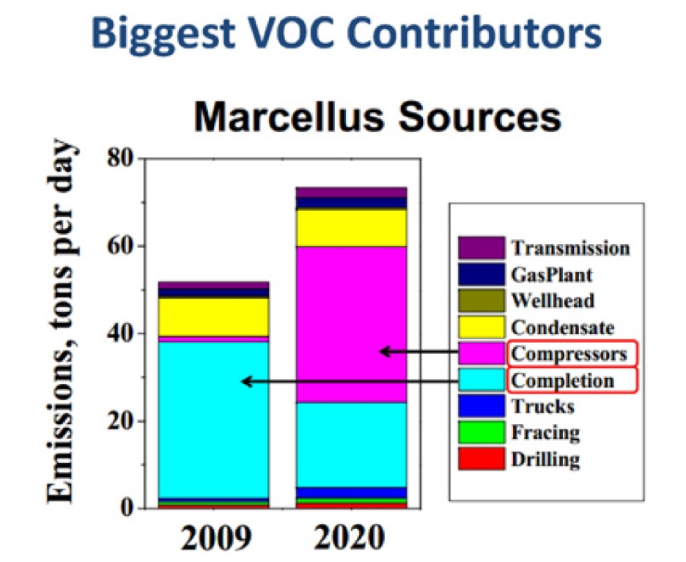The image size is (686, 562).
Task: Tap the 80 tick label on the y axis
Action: click(x=121, y=159)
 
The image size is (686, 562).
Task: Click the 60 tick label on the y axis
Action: click(x=121, y=246)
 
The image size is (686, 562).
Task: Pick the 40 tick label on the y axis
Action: click(x=121, y=334)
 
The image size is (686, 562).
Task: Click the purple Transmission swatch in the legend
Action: click(x=481, y=248)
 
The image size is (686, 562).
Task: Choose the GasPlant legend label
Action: click(x=551, y=275)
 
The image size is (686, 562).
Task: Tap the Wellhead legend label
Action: click(x=553, y=300)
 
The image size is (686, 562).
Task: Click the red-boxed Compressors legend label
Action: click(x=569, y=354)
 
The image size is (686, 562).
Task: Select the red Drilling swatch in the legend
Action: click(x=481, y=459)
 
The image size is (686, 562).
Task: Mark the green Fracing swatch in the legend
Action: click(x=481, y=432)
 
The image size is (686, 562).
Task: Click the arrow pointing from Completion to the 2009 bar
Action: click(x=374, y=381)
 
